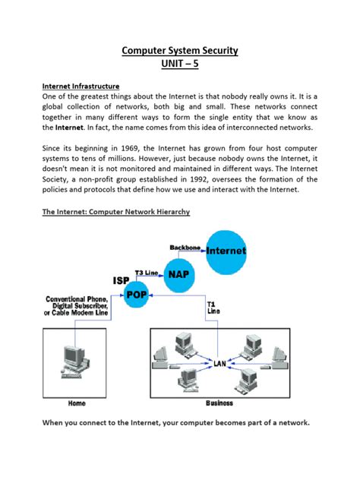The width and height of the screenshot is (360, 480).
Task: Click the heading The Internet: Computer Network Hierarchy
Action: pos(115,213)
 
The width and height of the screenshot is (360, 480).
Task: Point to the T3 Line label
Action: pos(147,272)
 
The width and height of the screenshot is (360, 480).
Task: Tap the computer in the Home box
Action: pos(74,358)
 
